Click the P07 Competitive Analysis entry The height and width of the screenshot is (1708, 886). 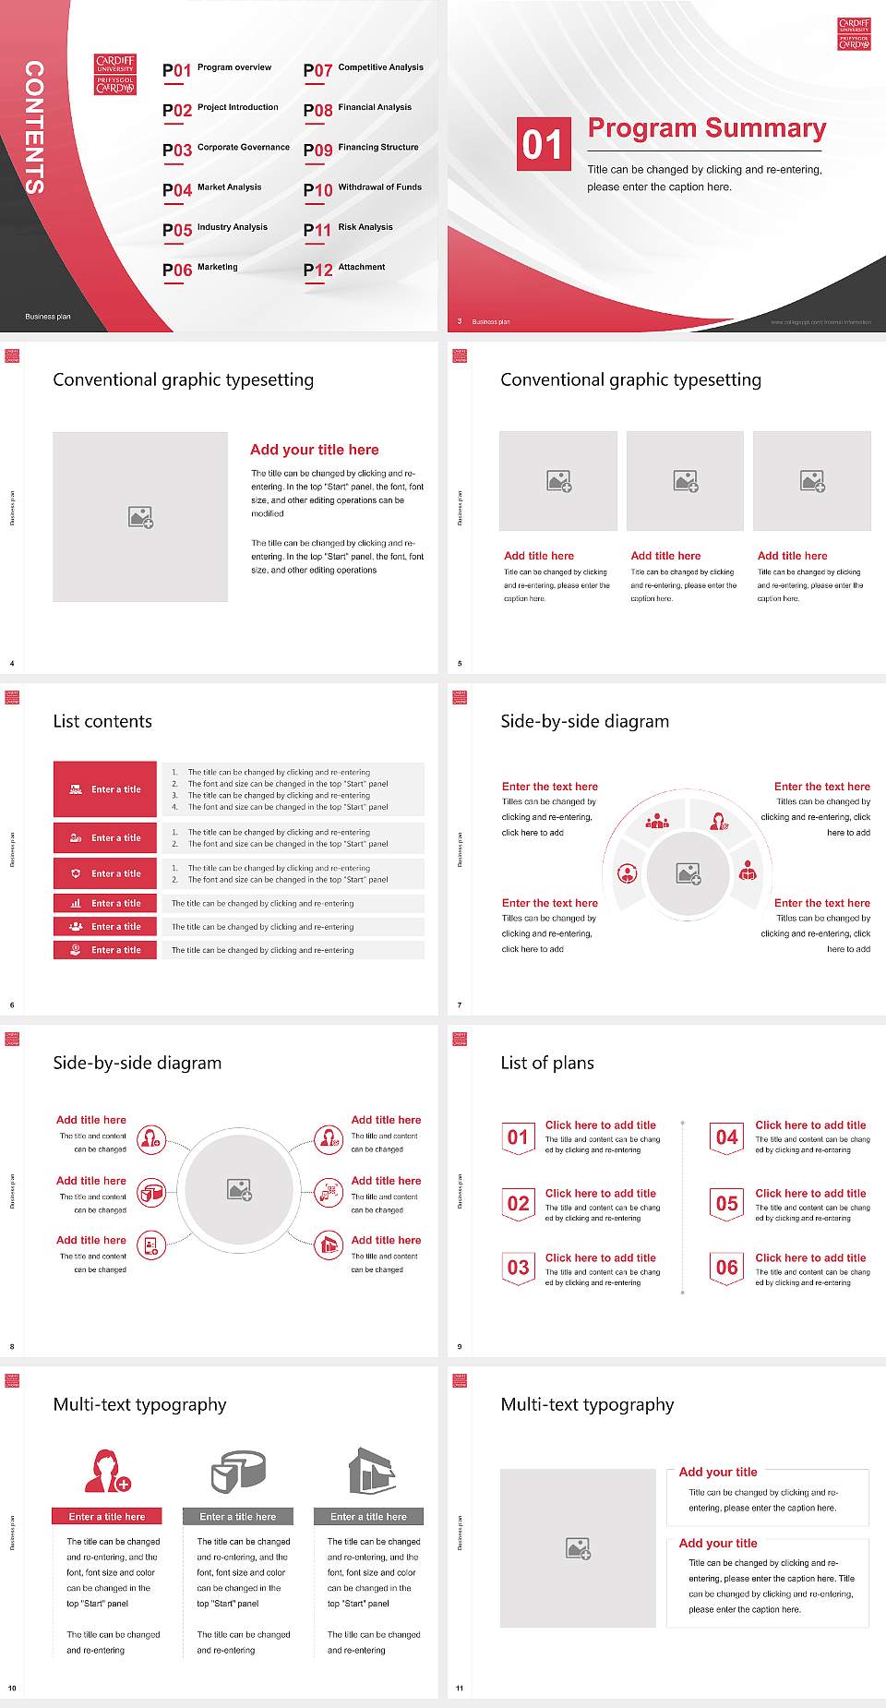(364, 69)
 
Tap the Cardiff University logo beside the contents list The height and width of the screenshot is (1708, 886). (115, 75)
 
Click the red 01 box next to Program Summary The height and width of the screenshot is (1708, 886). (544, 144)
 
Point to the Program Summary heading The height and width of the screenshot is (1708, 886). (706, 128)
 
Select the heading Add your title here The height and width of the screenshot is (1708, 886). (314, 450)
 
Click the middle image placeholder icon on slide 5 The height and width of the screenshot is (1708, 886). (685, 481)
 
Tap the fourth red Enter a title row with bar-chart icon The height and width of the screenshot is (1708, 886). (105, 903)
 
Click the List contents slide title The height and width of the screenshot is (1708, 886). (102, 721)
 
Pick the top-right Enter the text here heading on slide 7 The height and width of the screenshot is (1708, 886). (821, 787)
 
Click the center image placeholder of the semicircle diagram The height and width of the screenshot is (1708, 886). (688, 872)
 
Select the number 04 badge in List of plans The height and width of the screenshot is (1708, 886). (727, 1138)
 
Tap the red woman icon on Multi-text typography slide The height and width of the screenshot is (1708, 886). (107, 1471)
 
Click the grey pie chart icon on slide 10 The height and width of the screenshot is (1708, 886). (238, 1471)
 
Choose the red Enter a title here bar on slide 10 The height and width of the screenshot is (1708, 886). (107, 1516)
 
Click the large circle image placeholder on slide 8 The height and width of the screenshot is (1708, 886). (240, 1189)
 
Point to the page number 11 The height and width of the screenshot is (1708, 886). (460, 1689)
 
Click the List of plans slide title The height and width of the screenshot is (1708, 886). (547, 1063)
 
